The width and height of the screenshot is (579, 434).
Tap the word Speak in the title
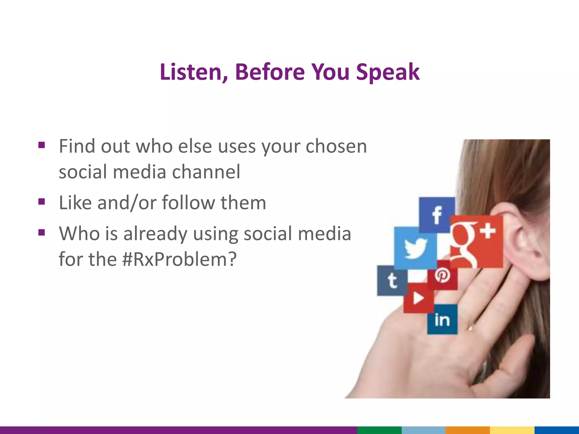click(388, 72)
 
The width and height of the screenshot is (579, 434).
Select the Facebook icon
click(437, 215)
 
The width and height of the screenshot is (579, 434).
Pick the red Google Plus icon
click(476, 242)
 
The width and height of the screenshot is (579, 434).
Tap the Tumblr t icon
click(392, 281)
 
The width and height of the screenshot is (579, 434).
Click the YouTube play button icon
click(418, 298)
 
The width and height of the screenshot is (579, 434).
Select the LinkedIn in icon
click(442, 319)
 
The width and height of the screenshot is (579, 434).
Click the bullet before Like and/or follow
click(42, 202)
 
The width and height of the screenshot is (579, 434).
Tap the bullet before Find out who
click(42, 145)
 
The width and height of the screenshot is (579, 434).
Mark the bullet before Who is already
click(42, 233)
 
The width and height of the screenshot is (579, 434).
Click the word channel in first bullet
click(206, 172)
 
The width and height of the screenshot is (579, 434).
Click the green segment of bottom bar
click(379, 430)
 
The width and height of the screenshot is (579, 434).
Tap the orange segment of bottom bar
click(467, 430)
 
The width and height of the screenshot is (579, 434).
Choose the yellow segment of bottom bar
click(512, 430)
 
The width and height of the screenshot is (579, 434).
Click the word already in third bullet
click(155, 234)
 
